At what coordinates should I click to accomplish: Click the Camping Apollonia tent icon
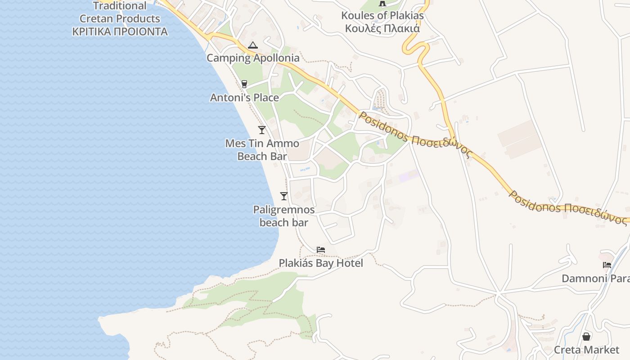tap(253, 45)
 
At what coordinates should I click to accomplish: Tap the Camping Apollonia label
tap(253, 58)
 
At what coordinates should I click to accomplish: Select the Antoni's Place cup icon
tap(244, 84)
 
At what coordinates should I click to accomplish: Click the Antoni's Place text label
tap(244, 98)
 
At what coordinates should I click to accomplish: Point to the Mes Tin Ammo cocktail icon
tap(262, 130)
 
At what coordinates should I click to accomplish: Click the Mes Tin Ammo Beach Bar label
tap(262, 150)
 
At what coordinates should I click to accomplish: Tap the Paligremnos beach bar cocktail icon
tap(284, 196)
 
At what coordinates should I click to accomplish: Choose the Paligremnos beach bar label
tap(284, 216)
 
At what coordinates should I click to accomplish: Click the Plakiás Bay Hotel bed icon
tap(321, 250)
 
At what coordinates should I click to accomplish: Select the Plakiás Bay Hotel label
tap(321, 263)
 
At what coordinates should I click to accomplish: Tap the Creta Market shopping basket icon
tap(586, 337)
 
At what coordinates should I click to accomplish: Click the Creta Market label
tap(586, 350)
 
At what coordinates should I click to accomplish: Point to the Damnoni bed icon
tap(607, 265)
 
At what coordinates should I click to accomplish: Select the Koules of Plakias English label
tap(382, 16)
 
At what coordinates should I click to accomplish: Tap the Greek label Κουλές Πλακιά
tap(382, 28)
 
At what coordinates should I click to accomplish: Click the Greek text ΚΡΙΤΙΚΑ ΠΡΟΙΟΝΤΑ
tap(120, 32)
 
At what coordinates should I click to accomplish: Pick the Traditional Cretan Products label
tap(120, 13)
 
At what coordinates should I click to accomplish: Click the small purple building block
tap(409, 176)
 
